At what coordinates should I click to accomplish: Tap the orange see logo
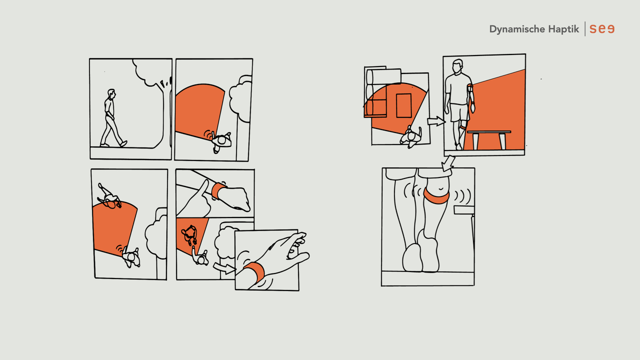coord(602,29)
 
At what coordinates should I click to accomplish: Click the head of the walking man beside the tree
coord(111,93)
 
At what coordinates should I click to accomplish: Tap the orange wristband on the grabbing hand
coord(255,271)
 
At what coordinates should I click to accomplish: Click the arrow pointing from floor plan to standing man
coord(436,121)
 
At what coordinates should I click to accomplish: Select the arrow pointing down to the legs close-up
coord(447,163)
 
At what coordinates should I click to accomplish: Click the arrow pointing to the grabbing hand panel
coord(224,268)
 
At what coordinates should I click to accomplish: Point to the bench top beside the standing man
coord(489,132)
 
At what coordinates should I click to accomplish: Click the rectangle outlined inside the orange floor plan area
coord(403,105)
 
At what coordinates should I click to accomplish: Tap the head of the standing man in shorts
coord(457,66)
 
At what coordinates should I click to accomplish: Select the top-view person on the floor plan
coord(411,137)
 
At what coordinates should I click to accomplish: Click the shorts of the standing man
coord(460,112)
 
